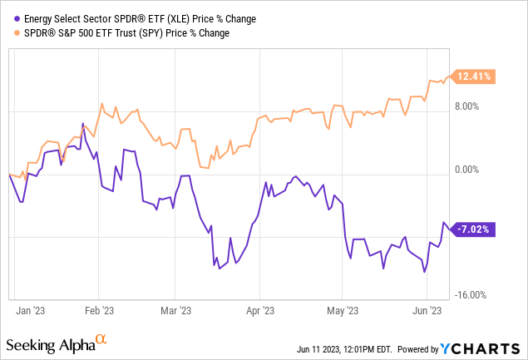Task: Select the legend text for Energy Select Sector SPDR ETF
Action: [x=116, y=19]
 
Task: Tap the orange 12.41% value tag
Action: [x=473, y=77]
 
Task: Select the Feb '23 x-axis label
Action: [x=98, y=311]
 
